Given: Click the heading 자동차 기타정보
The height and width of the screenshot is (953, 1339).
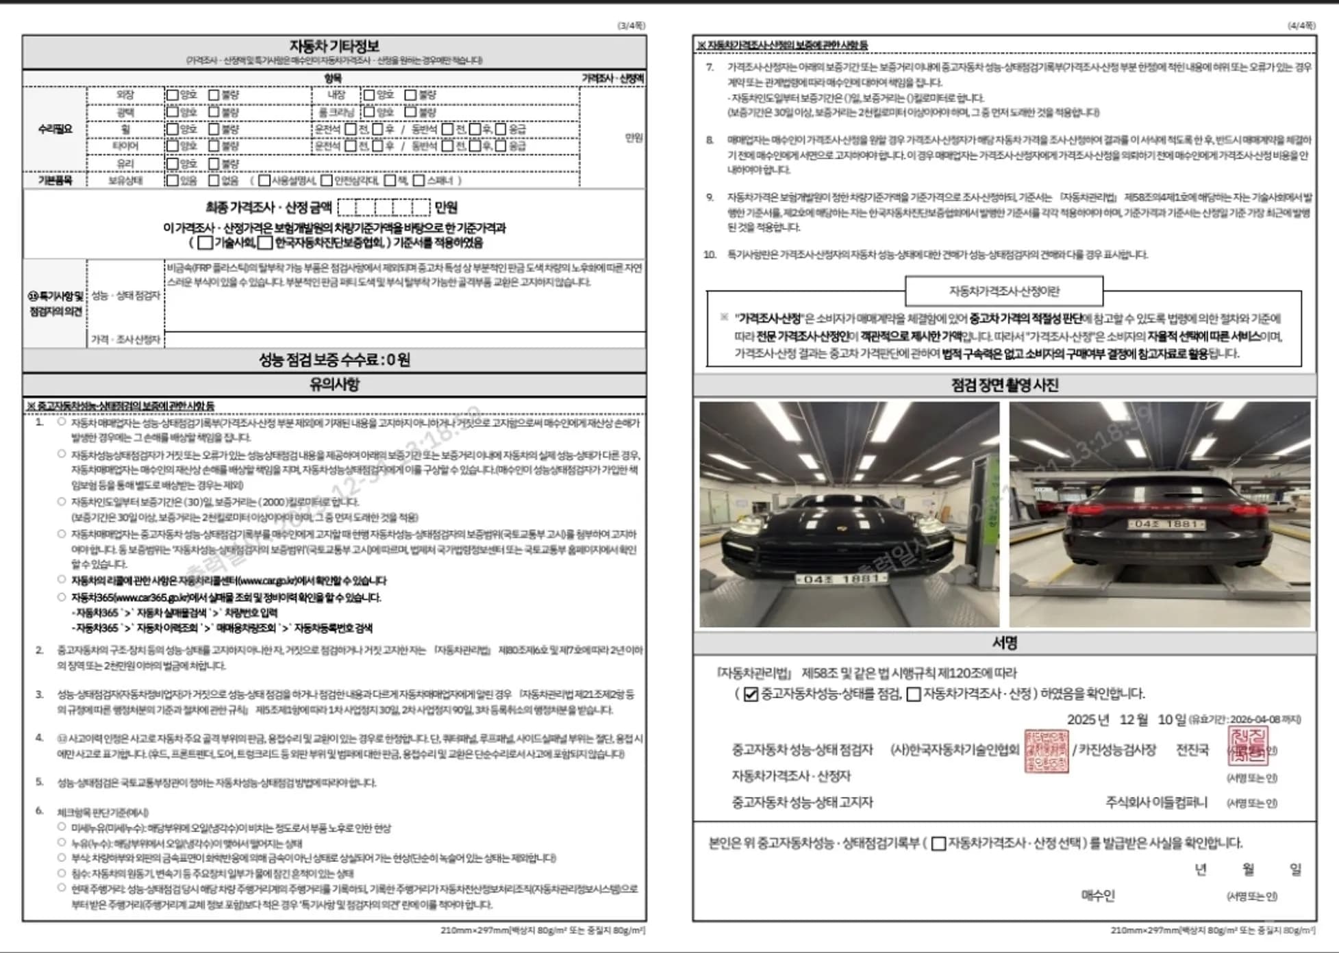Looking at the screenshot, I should [x=334, y=46].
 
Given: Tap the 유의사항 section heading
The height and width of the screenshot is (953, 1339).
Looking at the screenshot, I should [x=334, y=384].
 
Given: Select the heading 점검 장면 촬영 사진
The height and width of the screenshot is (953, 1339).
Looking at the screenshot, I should [x=1004, y=385].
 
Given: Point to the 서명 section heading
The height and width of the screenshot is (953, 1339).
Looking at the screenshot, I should [x=1004, y=642].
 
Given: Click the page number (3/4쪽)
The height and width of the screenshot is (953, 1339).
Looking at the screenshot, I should [x=631, y=25].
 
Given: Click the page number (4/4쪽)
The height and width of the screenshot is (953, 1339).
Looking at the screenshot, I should [x=1301, y=25].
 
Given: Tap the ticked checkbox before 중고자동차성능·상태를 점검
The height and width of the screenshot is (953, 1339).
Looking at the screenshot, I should [x=751, y=694].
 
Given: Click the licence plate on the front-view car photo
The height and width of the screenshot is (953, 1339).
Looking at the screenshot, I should [x=841, y=579].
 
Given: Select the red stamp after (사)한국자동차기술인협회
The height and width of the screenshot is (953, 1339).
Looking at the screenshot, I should [x=1046, y=751].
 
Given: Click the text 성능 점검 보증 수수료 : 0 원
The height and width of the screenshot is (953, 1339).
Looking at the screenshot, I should [x=334, y=359].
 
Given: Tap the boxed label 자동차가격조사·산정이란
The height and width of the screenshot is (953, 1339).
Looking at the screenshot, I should [x=1003, y=291].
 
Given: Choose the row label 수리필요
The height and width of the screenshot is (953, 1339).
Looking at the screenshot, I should [x=55, y=129].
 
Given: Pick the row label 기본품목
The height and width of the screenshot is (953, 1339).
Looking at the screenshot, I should [x=55, y=180].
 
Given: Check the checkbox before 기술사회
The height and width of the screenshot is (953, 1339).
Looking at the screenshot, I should [x=205, y=243].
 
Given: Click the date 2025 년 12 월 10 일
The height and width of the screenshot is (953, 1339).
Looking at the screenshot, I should [x=1126, y=720].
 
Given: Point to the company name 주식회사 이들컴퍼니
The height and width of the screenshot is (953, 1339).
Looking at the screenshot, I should [x=1156, y=802].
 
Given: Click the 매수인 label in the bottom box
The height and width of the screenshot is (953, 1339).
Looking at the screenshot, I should [x=1097, y=895].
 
